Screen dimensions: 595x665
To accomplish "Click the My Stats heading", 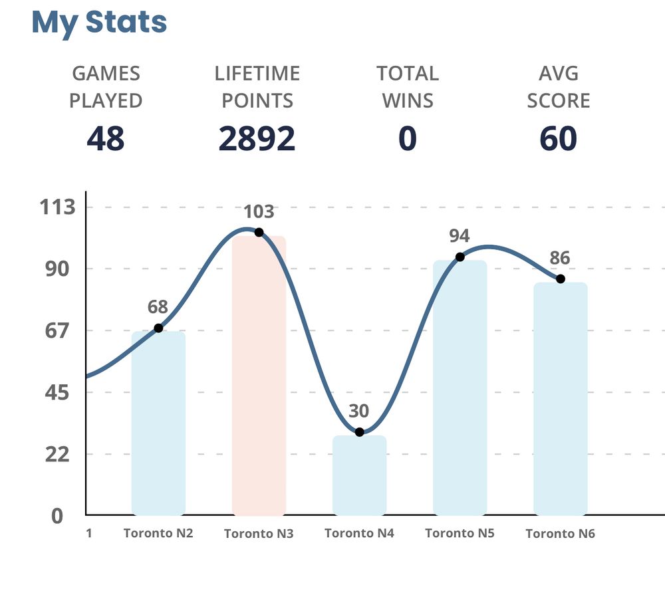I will [x=99, y=22].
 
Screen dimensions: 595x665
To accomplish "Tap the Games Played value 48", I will [x=106, y=138].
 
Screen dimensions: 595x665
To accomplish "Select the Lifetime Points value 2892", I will [x=257, y=138].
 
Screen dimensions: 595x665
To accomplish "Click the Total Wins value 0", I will [x=407, y=138].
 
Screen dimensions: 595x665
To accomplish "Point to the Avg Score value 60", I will [x=558, y=138].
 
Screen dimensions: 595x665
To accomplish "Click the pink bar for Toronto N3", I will [x=259, y=376].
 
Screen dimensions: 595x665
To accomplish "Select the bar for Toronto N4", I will [x=359, y=475].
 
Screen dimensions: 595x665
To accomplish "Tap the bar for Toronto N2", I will [x=158, y=423].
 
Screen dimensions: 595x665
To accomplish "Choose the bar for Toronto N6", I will [x=560, y=399].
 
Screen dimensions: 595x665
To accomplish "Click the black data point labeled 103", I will [x=259, y=232].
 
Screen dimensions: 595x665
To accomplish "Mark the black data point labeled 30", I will [x=359, y=432].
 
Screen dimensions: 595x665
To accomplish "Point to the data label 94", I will [x=460, y=236].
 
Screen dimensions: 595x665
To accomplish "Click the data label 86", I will [x=560, y=258].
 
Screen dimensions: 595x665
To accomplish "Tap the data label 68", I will [x=158, y=307].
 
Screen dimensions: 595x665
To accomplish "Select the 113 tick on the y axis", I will [x=58, y=207].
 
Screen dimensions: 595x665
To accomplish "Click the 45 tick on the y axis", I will [x=58, y=393].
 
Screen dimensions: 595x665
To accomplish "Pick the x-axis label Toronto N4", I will [x=359, y=533].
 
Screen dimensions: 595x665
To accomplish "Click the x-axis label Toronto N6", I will [x=560, y=534].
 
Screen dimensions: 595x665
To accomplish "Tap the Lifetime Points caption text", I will [x=257, y=87].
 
